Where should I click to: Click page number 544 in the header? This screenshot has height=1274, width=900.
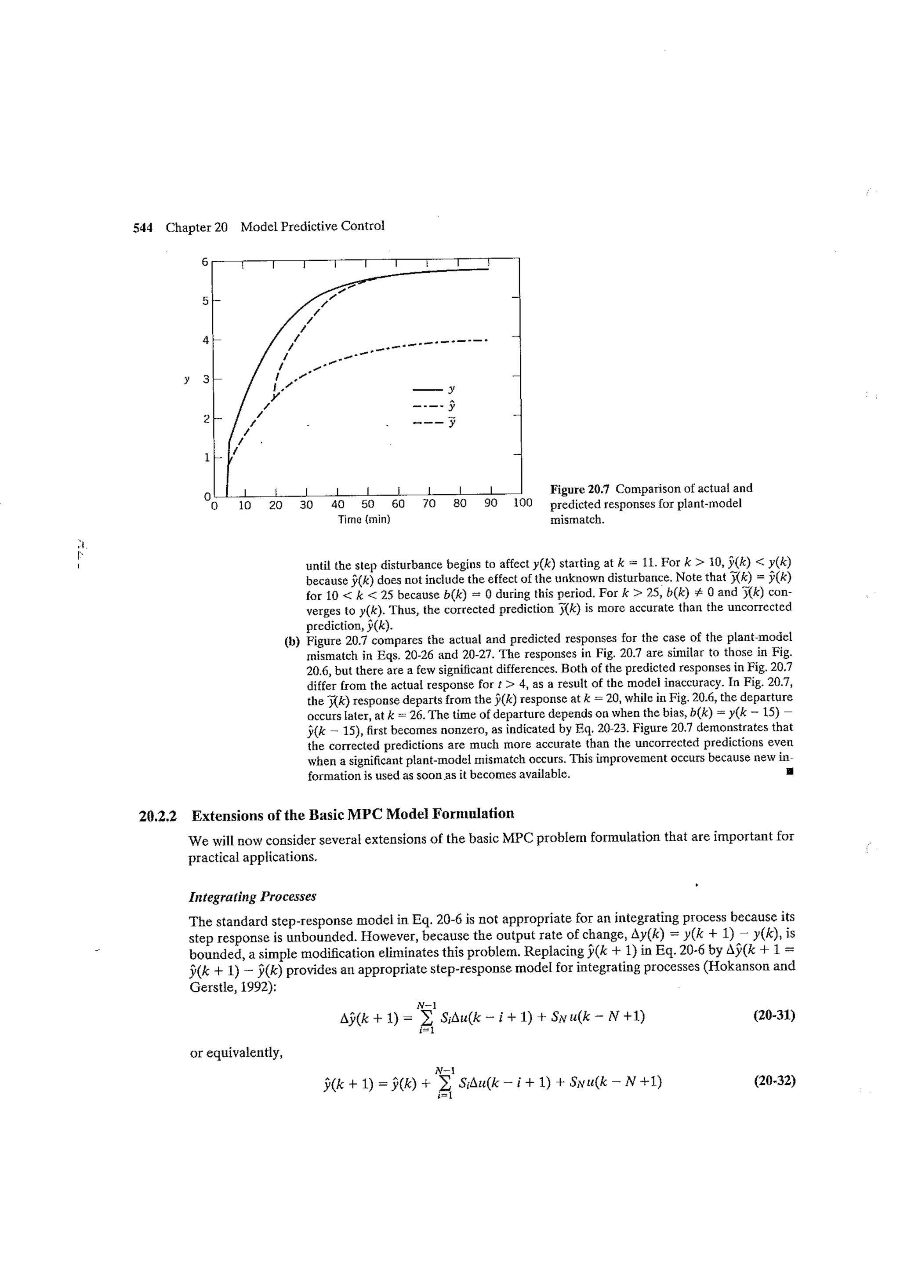142,227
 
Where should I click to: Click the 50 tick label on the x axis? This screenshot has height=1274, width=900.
368,504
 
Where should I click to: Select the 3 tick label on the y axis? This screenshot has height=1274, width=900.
206,380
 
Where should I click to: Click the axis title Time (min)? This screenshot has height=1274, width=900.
364,519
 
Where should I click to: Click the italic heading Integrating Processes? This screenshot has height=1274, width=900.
252,897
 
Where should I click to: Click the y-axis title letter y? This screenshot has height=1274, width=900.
187,380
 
